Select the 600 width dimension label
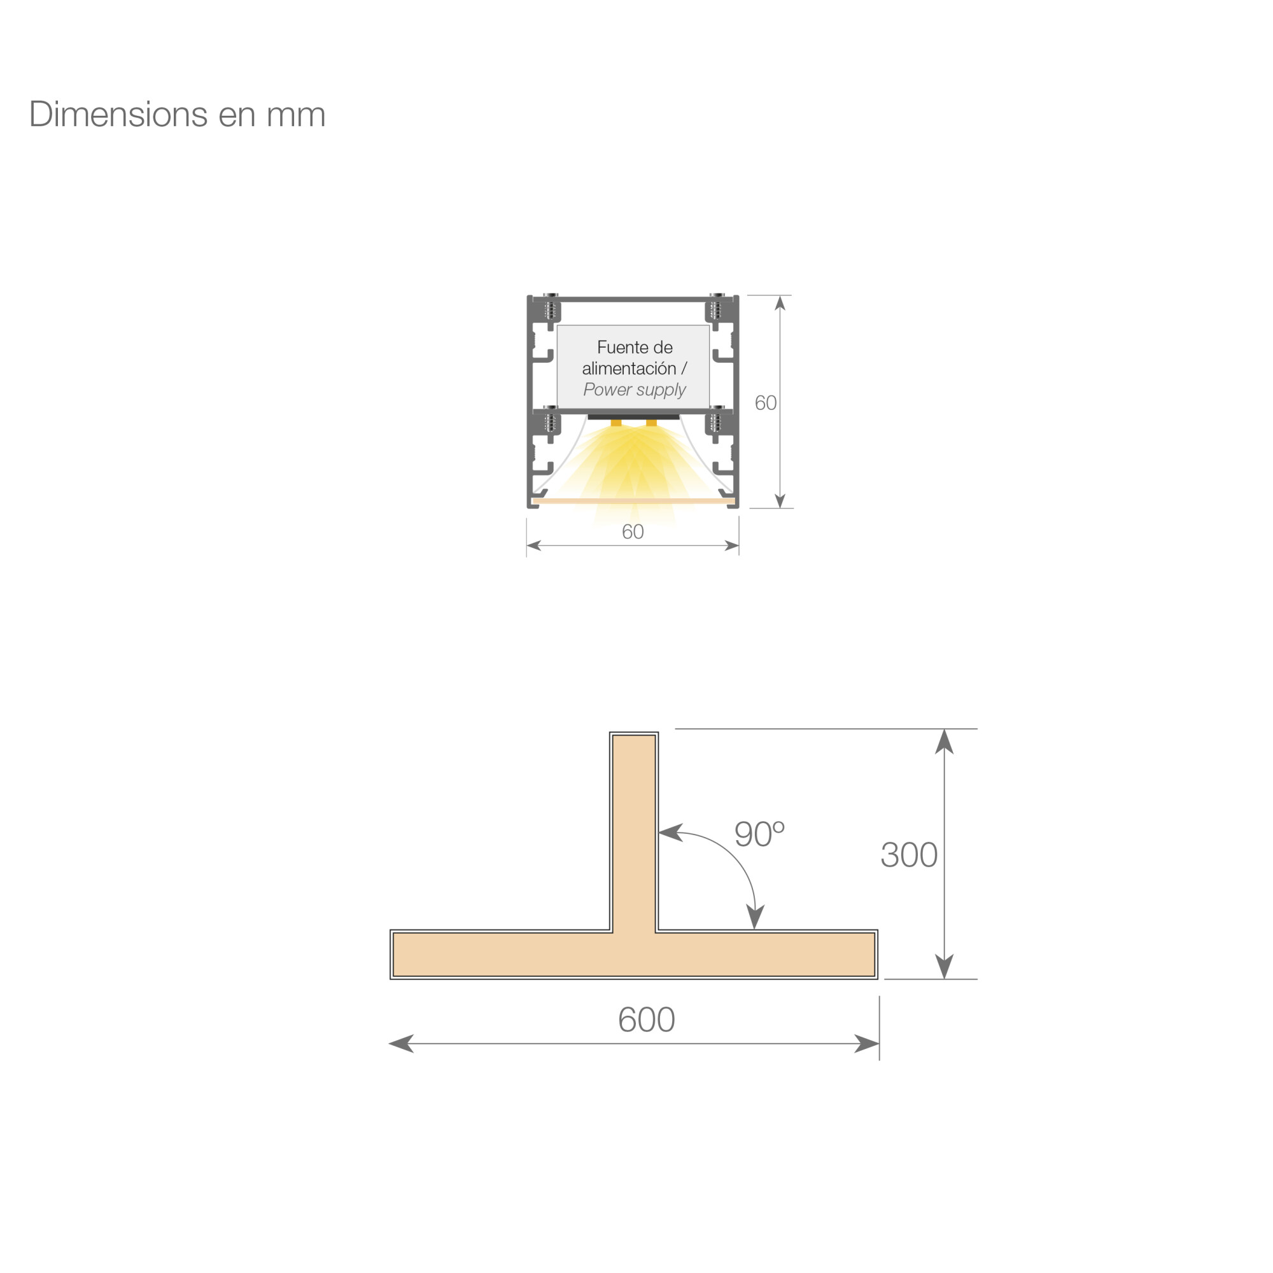pyautogui.click(x=647, y=1019)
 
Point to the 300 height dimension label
pyautogui.click(x=909, y=855)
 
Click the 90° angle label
pyautogui.click(x=759, y=834)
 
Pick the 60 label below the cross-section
pyautogui.click(x=633, y=531)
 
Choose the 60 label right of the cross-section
pyautogui.click(x=765, y=403)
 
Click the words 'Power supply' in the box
pyautogui.click(x=634, y=390)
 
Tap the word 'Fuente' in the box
pyautogui.click(x=617, y=348)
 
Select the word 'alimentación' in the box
pyautogui.click(x=629, y=369)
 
